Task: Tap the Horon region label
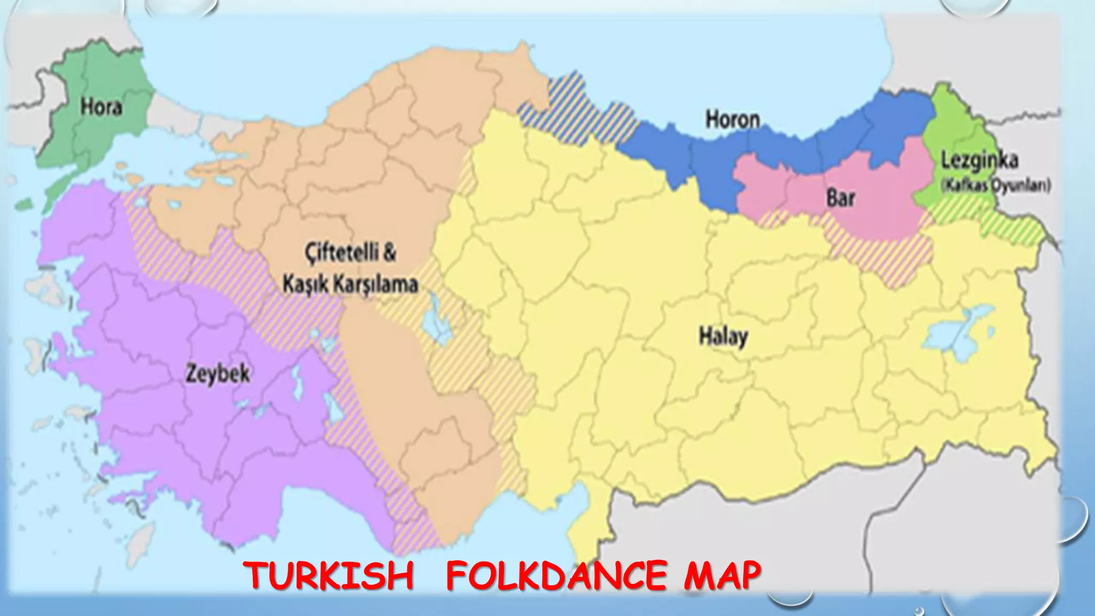pyautogui.click(x=732, y=119)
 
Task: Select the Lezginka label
pyautogui.click(x=980, y=160)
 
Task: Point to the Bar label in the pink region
pyautogui.click(x=840, y=198)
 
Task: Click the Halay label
pyautogui.click(x=723, y=337)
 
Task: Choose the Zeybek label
pyautogui.click(x=218, y=373)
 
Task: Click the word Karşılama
pyautogui.click(x=376, y=284)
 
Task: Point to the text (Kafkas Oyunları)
pyautogui.click(x=996, y=186)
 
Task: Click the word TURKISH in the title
pyautogui.click(x=330, y=576)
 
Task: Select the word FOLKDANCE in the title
pyautogui.click(x=556, y=576)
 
